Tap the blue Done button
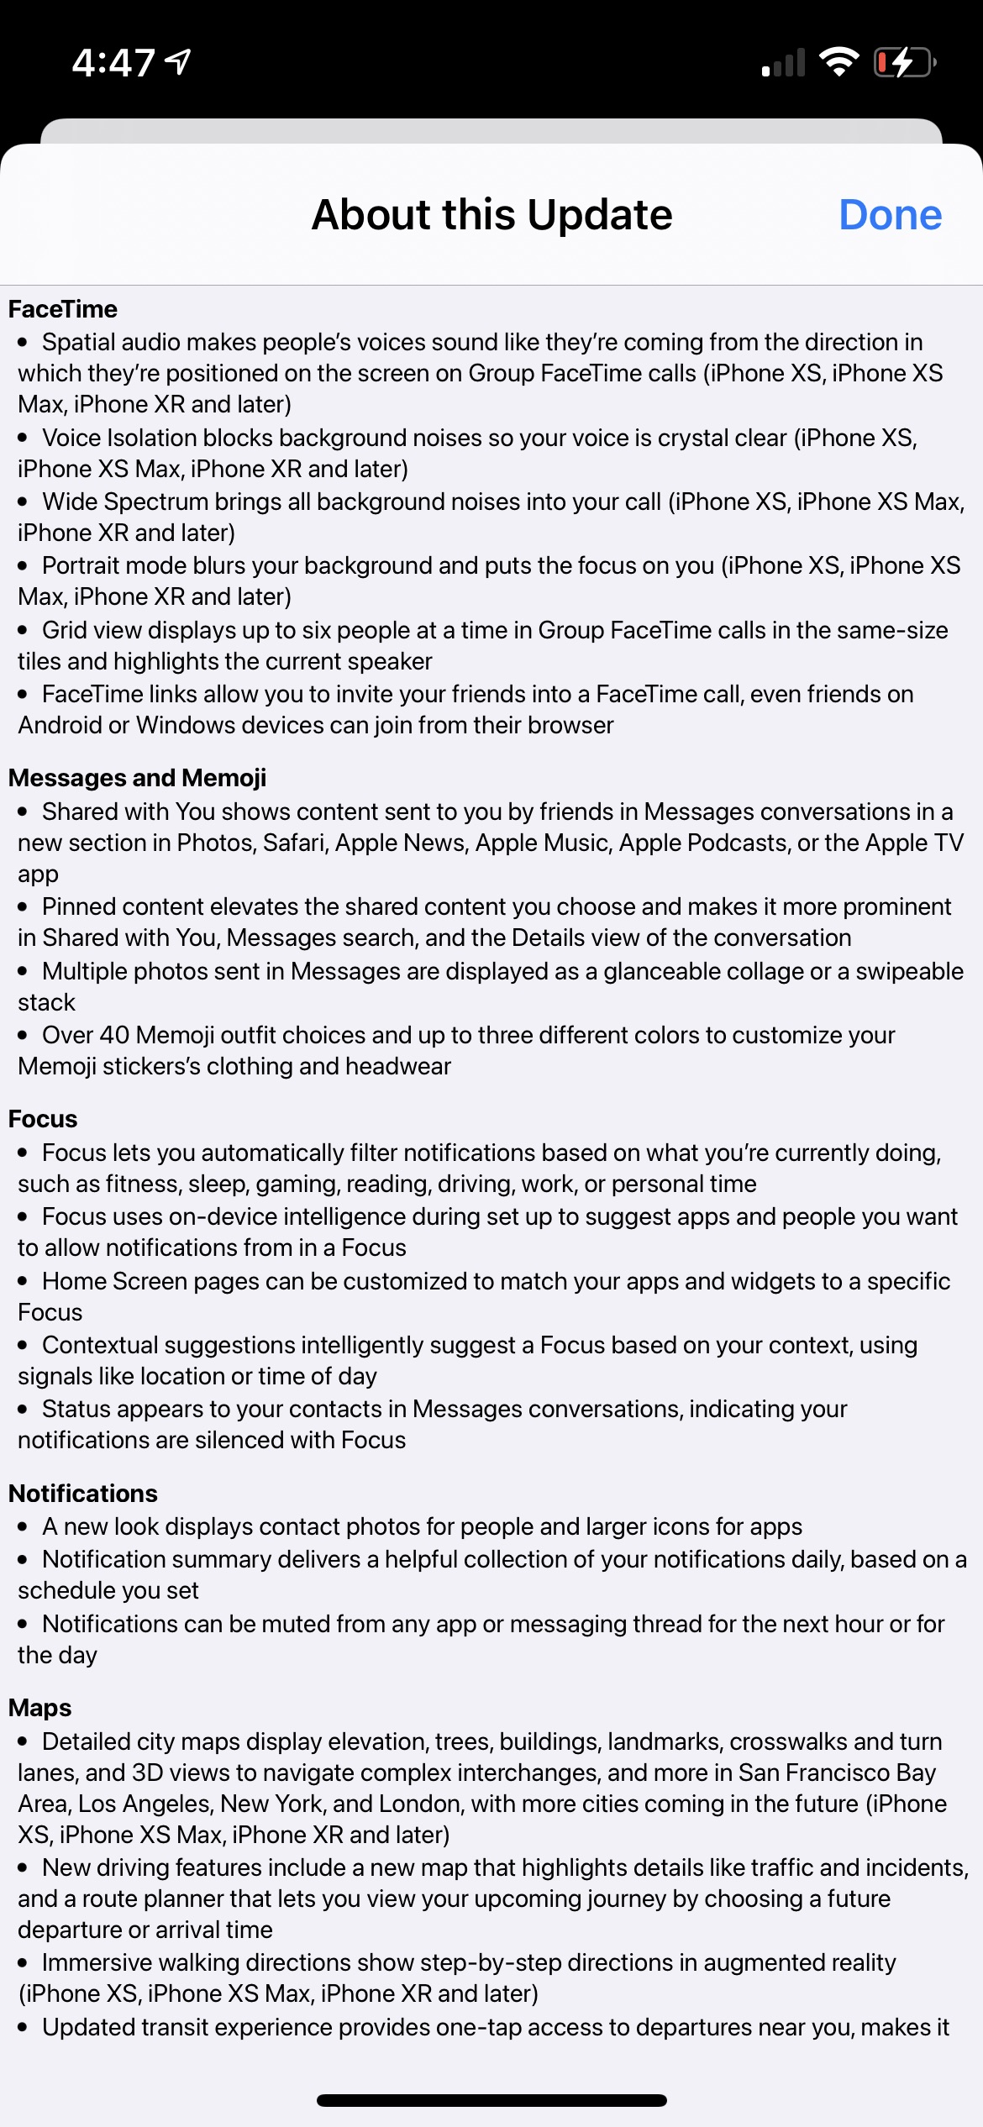coord(890,215)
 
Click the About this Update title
coord(491,215)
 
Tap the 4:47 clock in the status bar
coord(113,63)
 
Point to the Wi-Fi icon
coord(838,61)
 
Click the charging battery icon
coord(904,62)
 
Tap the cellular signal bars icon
coord(783,63)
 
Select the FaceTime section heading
coord(63,309)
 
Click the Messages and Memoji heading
coord(137,778)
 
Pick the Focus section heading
coord(43,1119)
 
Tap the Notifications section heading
coord(83,1494)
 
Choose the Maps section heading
coord(40,1708)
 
